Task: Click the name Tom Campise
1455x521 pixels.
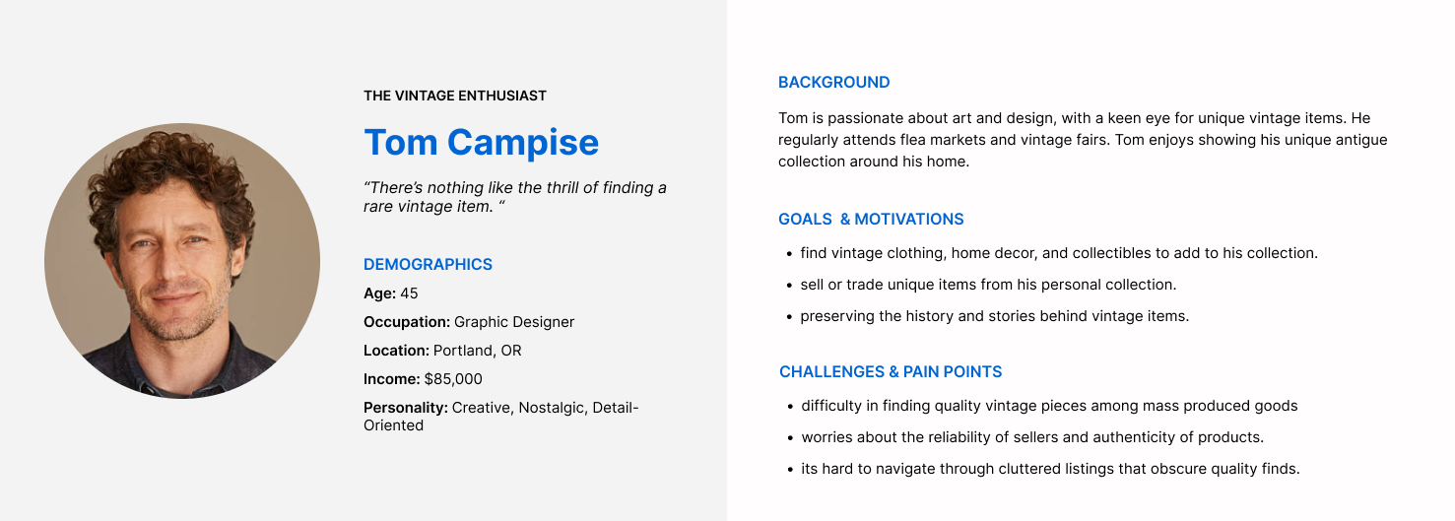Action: coord(482,143)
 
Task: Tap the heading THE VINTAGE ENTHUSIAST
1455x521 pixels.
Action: coord(455,97)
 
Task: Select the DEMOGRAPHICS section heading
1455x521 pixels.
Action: coord(429,264)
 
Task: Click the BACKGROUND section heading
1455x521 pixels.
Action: coord(834,83)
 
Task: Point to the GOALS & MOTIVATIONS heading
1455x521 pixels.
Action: coord(871,220)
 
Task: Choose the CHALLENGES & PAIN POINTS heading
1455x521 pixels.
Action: coord(891,371)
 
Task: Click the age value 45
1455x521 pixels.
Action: coord(409,293)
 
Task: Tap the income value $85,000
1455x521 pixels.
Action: coord(453,379)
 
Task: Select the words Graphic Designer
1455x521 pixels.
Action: coord(514,322)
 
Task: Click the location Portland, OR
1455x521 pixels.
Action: coord(478,351)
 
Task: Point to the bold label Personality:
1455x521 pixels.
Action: coord(405,408)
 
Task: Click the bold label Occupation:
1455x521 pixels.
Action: coord(407,322)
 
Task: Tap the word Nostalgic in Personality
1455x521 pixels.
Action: coord(552,408)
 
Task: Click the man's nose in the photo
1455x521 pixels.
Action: coord(171,263)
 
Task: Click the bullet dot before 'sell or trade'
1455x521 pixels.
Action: coord(789,286)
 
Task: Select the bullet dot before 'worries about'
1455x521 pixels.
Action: coord(790,438)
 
